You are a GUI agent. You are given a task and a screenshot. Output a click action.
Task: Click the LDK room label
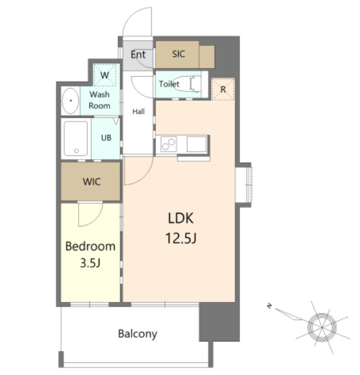[x=181, y=218]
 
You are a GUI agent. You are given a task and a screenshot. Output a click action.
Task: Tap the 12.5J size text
[x=181, y=238]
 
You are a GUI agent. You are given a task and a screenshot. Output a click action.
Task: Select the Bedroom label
[x=91, y=247]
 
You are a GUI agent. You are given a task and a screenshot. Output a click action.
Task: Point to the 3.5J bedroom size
[x=90, y=263]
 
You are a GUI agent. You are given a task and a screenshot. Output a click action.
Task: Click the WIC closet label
[x=92, y=182]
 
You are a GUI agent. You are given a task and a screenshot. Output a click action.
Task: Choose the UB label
[x=106, y=138]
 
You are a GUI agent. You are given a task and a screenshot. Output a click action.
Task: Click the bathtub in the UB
[x=76, y=138]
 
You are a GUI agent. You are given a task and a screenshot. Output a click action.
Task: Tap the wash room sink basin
[x=70, y=101]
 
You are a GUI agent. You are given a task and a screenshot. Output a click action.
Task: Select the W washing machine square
[x=104, y=75]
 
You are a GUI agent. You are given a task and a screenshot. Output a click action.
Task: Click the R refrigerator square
[x=223, y=89]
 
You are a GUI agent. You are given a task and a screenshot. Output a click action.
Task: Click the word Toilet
[x=169, y=84]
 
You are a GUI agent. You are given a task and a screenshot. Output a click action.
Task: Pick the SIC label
[x=179, y=54]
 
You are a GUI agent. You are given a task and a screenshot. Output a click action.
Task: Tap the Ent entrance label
[x=138, y=55]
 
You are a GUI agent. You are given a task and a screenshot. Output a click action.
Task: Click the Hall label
[x=138, y=111]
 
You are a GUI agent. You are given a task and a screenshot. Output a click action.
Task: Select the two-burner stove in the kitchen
[x=169, y=144]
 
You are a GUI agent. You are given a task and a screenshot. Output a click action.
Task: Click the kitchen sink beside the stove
[x=196, y=144]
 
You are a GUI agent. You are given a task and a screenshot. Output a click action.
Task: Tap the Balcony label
[x=138, y=334]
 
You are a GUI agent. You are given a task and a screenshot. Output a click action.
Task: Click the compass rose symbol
[x=322, y=327]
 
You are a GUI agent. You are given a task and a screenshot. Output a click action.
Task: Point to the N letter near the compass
[x=269, y=306]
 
